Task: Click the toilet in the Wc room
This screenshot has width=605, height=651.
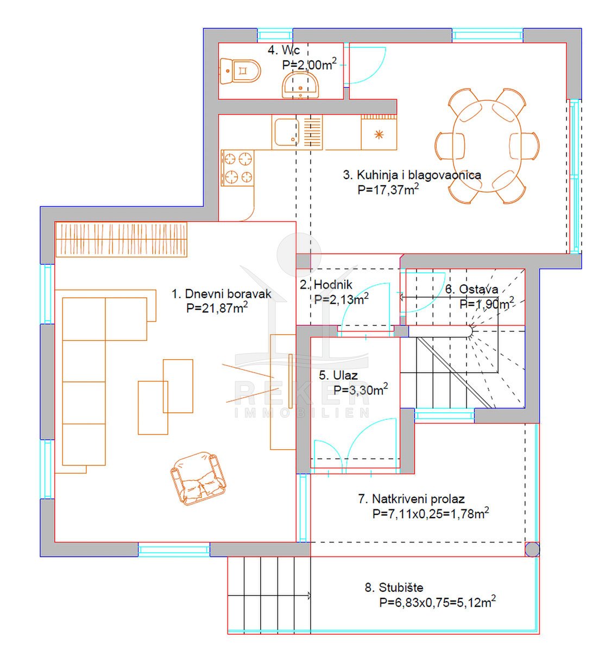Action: [x=240, y=71]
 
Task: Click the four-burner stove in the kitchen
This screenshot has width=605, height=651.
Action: [x=237, y=168]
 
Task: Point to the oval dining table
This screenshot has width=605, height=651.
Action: [x=487, y=146]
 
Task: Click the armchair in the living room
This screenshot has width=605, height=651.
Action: [x=198, y=478]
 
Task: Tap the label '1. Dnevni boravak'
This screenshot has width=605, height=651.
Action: [x=222, y=293]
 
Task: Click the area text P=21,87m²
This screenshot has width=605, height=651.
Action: [x=217, y=308]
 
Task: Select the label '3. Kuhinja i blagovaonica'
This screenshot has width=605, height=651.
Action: [x=412, y=175]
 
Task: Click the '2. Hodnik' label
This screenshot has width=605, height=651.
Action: [x=326, y=284]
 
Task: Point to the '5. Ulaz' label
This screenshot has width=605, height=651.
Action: [x=338, y=375]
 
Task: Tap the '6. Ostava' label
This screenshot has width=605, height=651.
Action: [x=472, y=289]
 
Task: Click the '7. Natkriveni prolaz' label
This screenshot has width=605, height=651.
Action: [x=411, y=499]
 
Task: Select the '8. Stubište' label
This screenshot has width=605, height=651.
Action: [x=394, y=588]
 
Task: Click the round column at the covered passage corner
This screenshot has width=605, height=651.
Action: [x=532, y=550]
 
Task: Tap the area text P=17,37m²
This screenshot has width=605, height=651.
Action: [x=388, y=189]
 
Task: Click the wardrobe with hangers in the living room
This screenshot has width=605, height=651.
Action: [x=121, y=239]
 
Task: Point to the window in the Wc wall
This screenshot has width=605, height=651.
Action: [x=275, y=35]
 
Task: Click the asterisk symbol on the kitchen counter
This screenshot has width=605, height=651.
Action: [x=379, y=135]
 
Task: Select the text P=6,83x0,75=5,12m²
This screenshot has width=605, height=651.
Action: [x=437, y=602]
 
